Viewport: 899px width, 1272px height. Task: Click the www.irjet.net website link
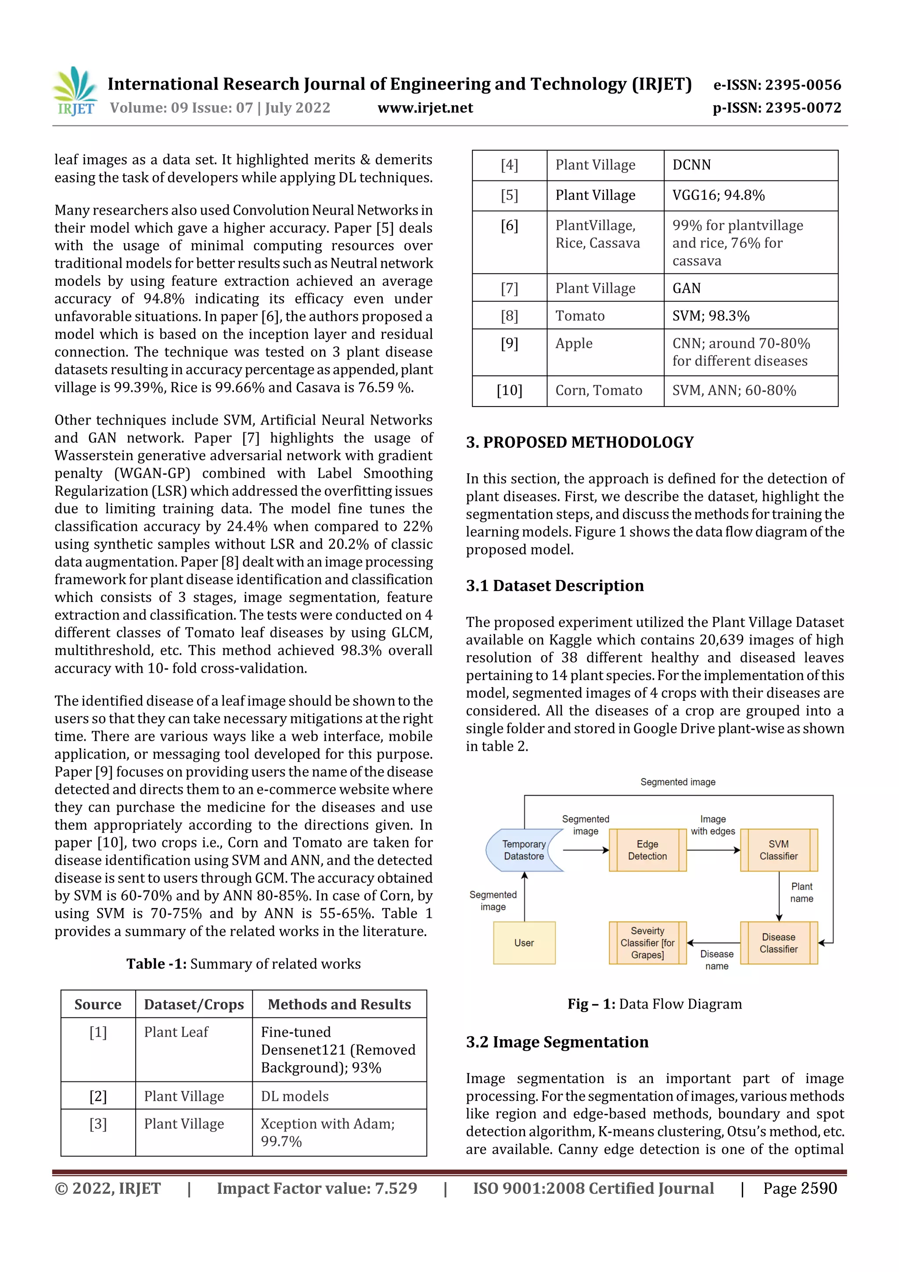coord(425,108)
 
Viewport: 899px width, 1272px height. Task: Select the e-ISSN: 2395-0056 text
coord(777,85)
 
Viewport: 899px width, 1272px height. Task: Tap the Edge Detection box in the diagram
coord(647,850)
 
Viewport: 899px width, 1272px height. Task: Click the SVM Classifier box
coord(778,850)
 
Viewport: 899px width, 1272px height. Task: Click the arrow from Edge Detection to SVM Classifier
coord(713,850)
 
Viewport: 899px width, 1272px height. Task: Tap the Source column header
coord(98,1005)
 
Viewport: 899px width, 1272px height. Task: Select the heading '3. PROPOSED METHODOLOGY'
coord(579,442)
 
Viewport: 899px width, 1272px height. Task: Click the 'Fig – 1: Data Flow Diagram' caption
coord(654,1004)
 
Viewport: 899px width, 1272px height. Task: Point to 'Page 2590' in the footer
coord(799,1188)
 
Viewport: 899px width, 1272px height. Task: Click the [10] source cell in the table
coord(509,391)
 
